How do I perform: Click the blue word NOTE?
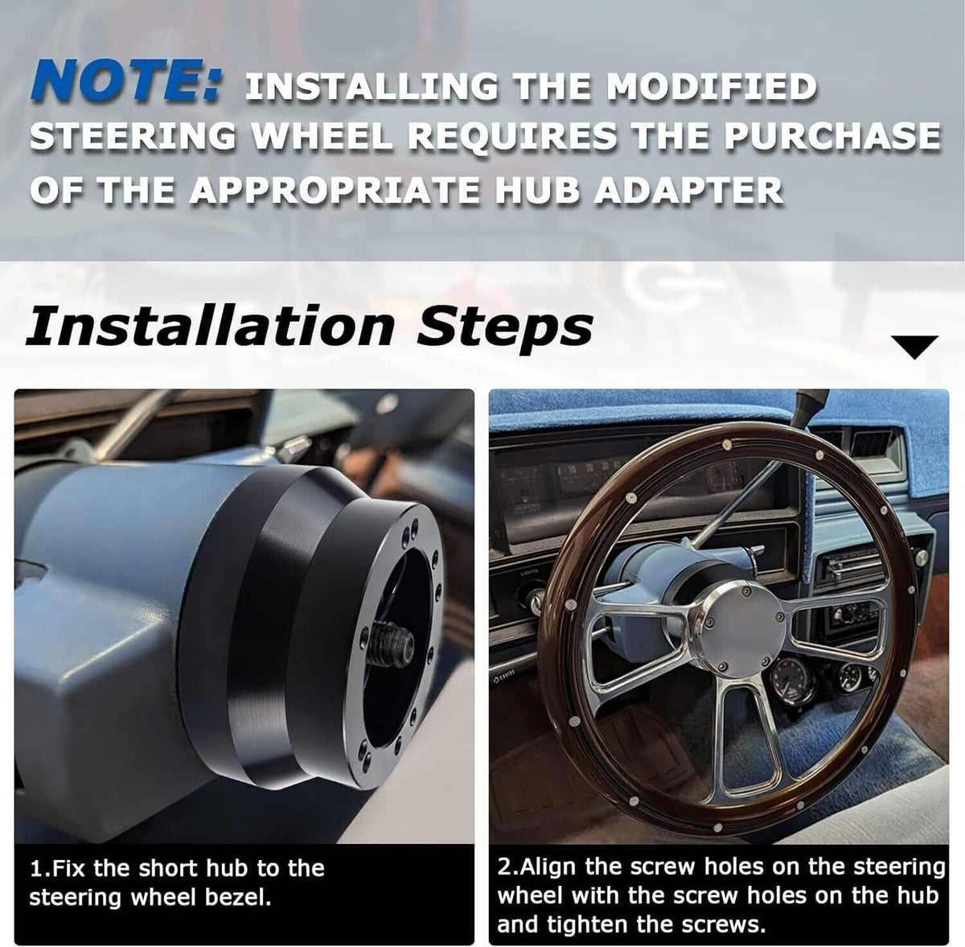pos(125,80)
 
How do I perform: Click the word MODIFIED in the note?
pos(712,87)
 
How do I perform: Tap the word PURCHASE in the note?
pos(832,136)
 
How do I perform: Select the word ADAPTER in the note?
pos(688,191)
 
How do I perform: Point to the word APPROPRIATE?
pos(334,191)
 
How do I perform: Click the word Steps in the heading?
pos(505,328)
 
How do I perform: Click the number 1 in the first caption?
pos(36,868)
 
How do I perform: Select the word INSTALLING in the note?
pos(372,87)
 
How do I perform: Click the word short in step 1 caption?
pos(169,868)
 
